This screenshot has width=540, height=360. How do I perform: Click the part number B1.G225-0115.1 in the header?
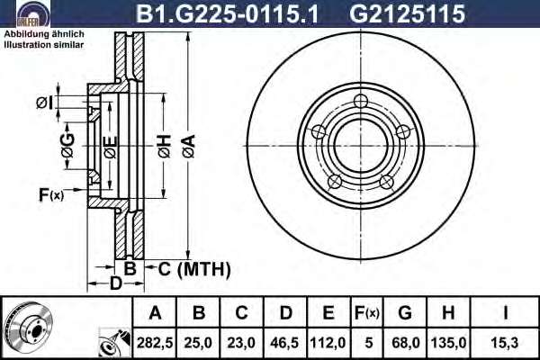pyautogui.click(x=227, y=13)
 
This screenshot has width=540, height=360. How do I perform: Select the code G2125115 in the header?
pyautogui.click(x=407, y=13)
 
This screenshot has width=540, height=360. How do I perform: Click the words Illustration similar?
pyautogui.click(x=44, y=45)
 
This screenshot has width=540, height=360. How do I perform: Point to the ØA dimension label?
pyautogui.click(x=189, y=147)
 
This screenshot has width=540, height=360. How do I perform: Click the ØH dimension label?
pyautogui.click(x=165, y=147)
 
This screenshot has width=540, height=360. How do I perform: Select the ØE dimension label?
pyautogui.click(x=111, y=148)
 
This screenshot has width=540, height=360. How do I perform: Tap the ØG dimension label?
pyautogui.click(x=67, y=146)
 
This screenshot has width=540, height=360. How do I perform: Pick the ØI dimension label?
pyautogui.click(x=45, y=103)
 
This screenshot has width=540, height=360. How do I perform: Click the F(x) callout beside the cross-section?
pyautogui.click(x=51, y=195)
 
